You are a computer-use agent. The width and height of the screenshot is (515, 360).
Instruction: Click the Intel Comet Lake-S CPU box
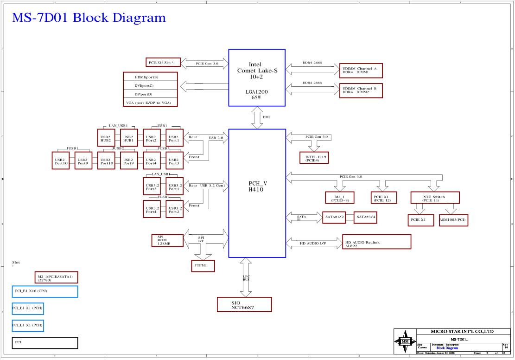[x=257, y=77]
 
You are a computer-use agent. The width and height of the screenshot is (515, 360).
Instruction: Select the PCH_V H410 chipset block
[x=257, y=193]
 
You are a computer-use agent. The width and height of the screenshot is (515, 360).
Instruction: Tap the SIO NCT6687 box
[x=244, y=304]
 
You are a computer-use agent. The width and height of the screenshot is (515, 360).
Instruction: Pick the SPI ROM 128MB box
[x=167, y=240]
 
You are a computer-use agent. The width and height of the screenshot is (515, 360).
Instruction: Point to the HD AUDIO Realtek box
[x=376, y=242]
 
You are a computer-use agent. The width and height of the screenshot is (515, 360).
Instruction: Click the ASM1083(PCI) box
[x=453, y=220]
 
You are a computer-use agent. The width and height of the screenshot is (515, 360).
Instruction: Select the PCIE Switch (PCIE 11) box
[x=435, y=198]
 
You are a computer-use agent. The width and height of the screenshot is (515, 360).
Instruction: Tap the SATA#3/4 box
[x=365, y=218]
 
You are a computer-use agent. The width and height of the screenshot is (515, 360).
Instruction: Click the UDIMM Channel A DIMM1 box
[x=361, y=71]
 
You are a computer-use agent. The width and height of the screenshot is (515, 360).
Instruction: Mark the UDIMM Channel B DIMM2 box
[x=361, y=90]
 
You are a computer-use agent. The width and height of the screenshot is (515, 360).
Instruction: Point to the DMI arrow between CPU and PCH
[x=257, y=117]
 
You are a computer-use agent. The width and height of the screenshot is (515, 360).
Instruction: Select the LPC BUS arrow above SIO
[x=246, y=277]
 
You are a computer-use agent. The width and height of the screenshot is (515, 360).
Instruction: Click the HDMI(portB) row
[x=150, y=77]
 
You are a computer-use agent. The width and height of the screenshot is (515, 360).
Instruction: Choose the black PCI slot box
[x=45, y=343]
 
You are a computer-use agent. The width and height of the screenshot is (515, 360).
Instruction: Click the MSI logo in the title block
[x=405, y=341]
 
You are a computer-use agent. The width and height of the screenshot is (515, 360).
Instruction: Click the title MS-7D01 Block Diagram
[x=89, y=18]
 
